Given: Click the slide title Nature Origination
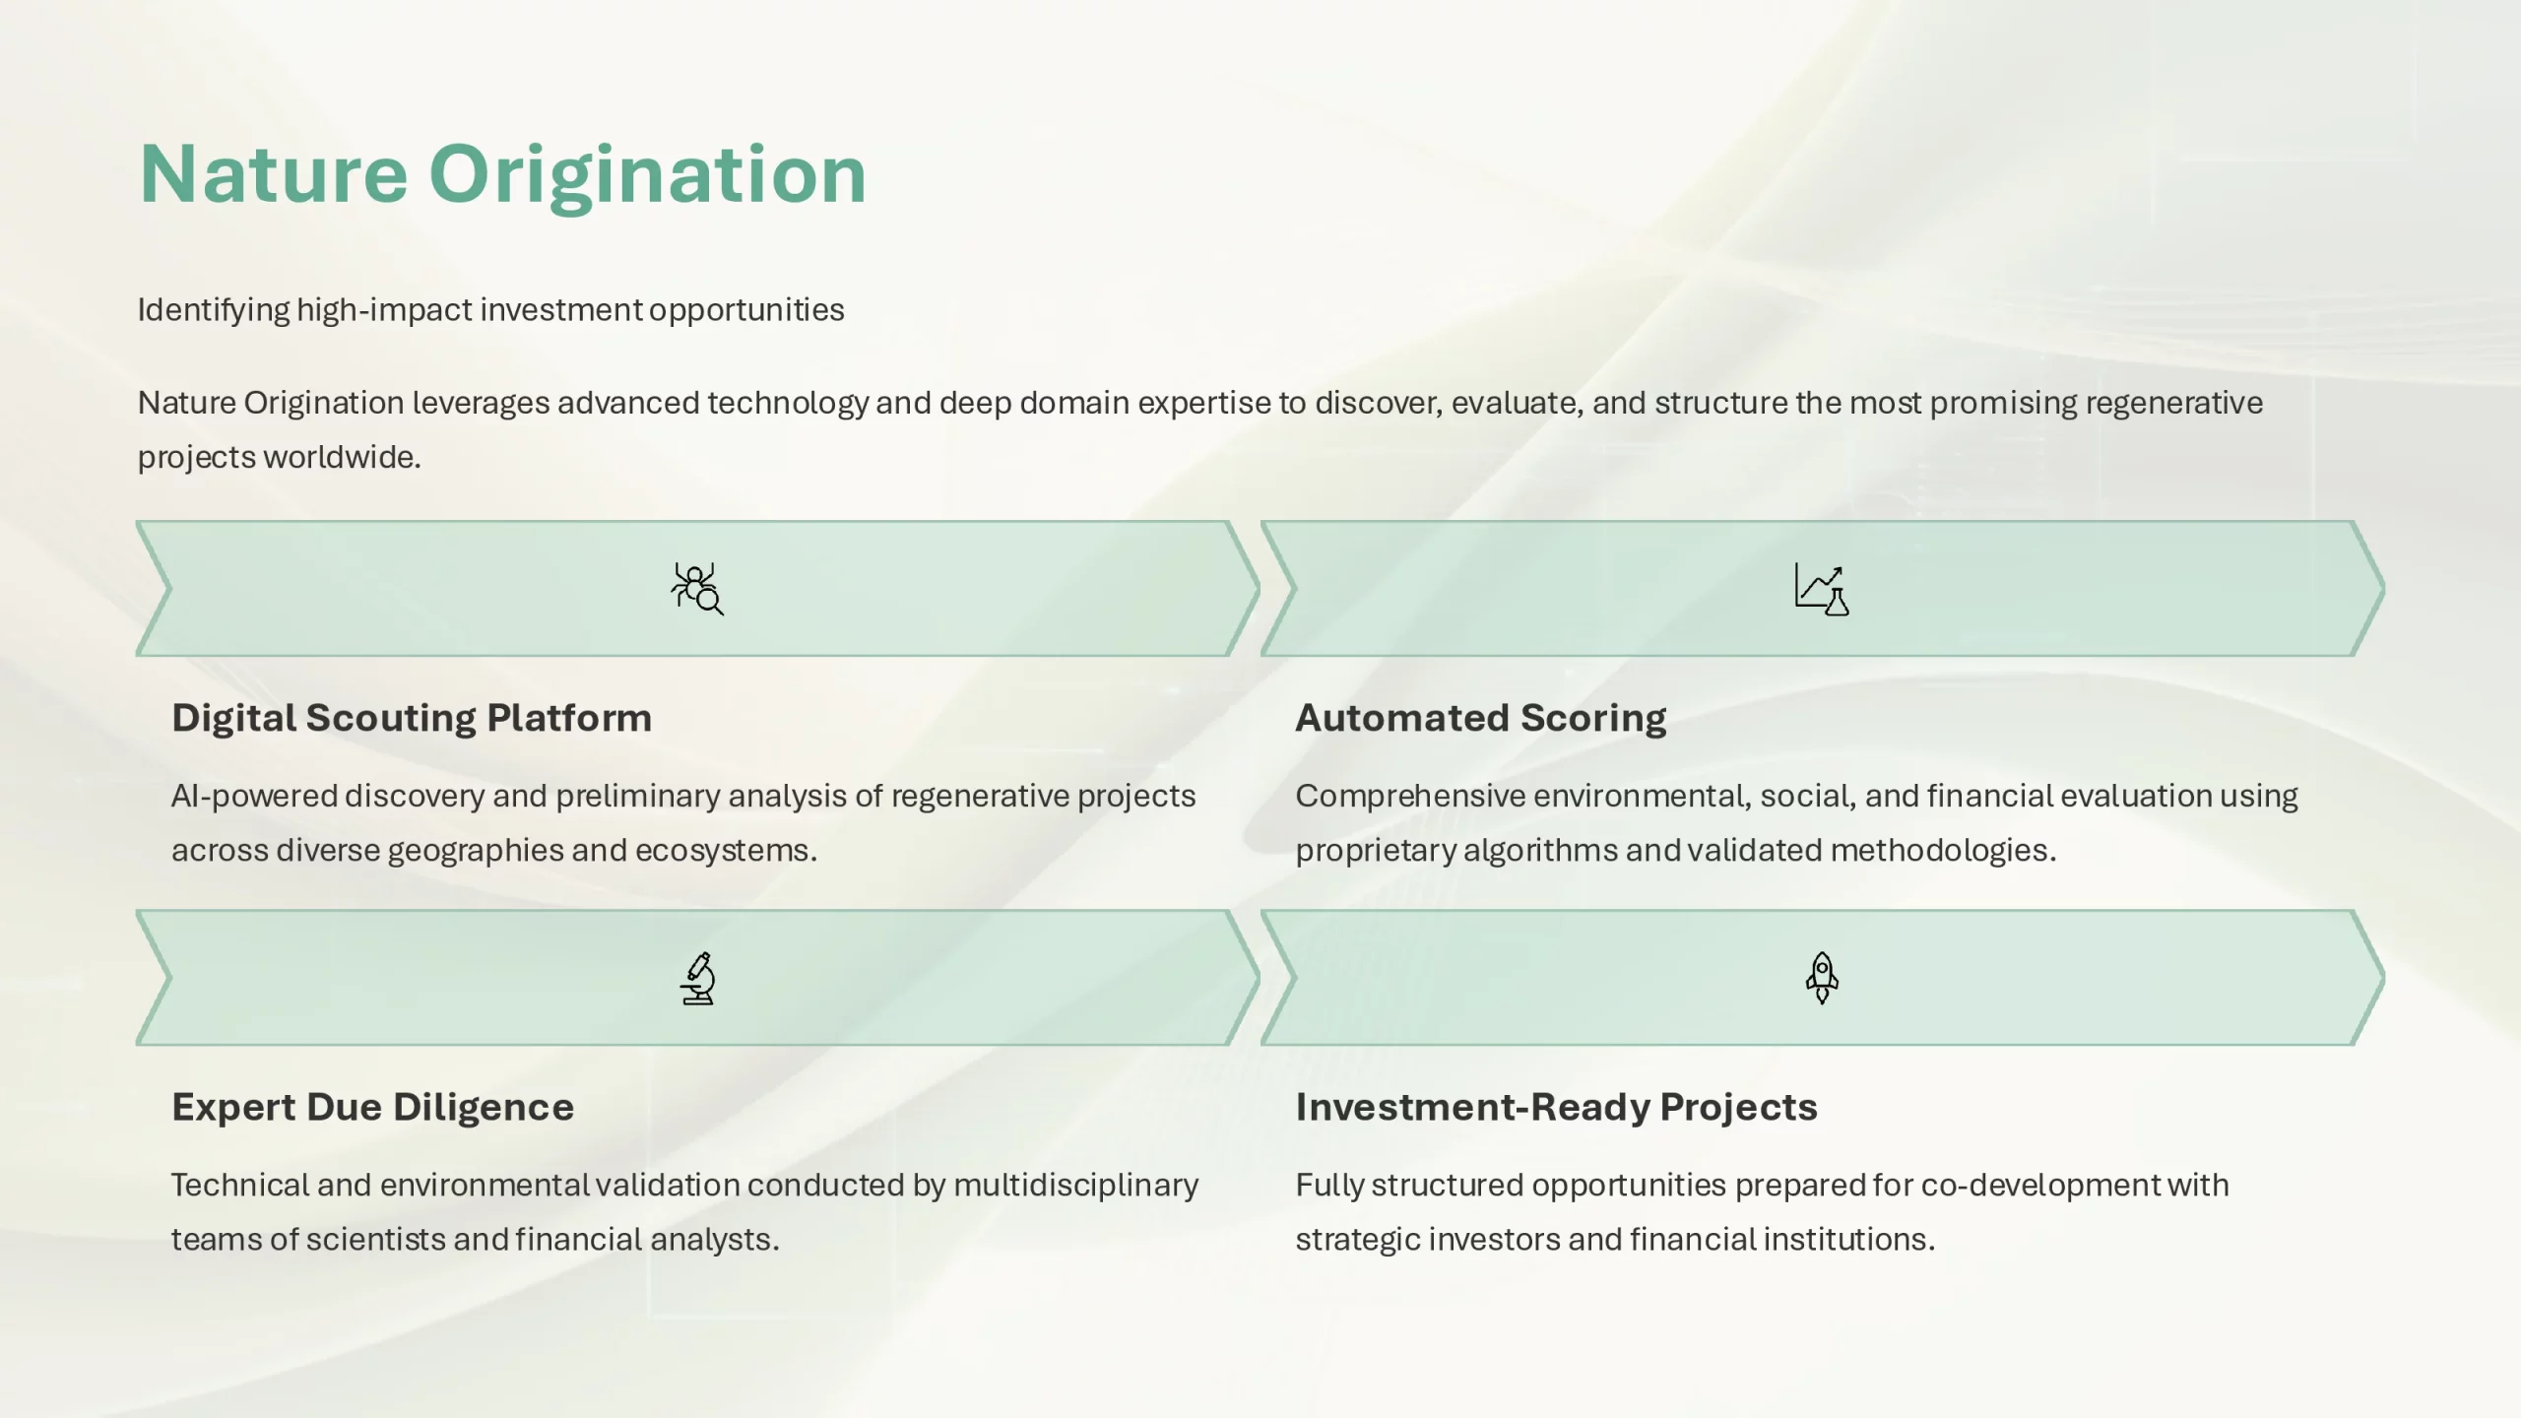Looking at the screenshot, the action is click(x=502, y=174).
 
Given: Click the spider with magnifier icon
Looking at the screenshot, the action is click(x=697, y=589).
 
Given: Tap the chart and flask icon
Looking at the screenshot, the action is click(x=1822, y=589).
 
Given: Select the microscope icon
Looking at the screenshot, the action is click(x=698, y=978).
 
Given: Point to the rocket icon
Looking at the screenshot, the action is click(x=1822, y=978).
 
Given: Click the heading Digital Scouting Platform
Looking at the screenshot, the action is click(x=412, y=718).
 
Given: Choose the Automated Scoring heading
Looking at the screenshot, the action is click(x=1481, y=718).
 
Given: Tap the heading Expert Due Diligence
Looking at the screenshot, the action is click(x=372, y=1107).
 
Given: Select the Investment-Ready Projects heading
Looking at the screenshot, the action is click(x=1556, y=1107).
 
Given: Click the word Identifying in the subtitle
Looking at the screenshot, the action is click(x=214, y=310).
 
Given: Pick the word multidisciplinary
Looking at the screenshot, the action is click(x=1076, y=1186).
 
